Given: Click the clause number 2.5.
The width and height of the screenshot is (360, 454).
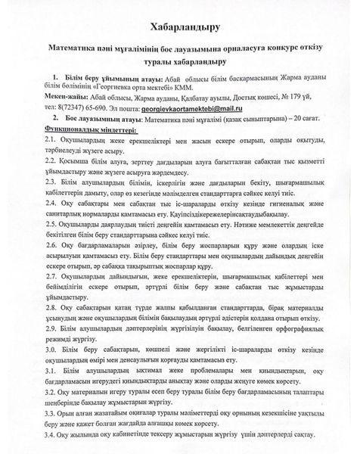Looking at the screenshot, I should click(x=51, y=246).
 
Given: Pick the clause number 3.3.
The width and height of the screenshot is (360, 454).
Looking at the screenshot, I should click(x=51, y=424).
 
